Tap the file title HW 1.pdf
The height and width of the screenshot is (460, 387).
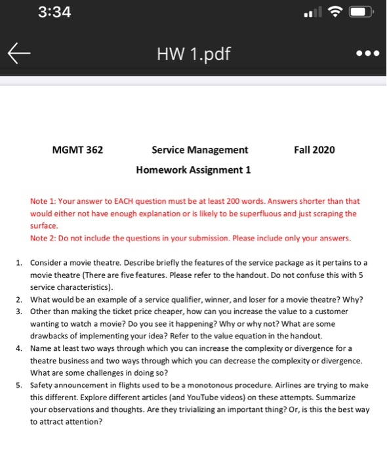coord(193,52)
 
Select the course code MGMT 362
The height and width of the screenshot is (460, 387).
coord(77,150)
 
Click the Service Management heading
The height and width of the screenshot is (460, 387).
coord(199,150)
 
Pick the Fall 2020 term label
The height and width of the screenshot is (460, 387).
coord(315,150)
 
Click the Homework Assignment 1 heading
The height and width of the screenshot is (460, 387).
coord(193,170)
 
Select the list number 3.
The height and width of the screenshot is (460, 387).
coord(20,311)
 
